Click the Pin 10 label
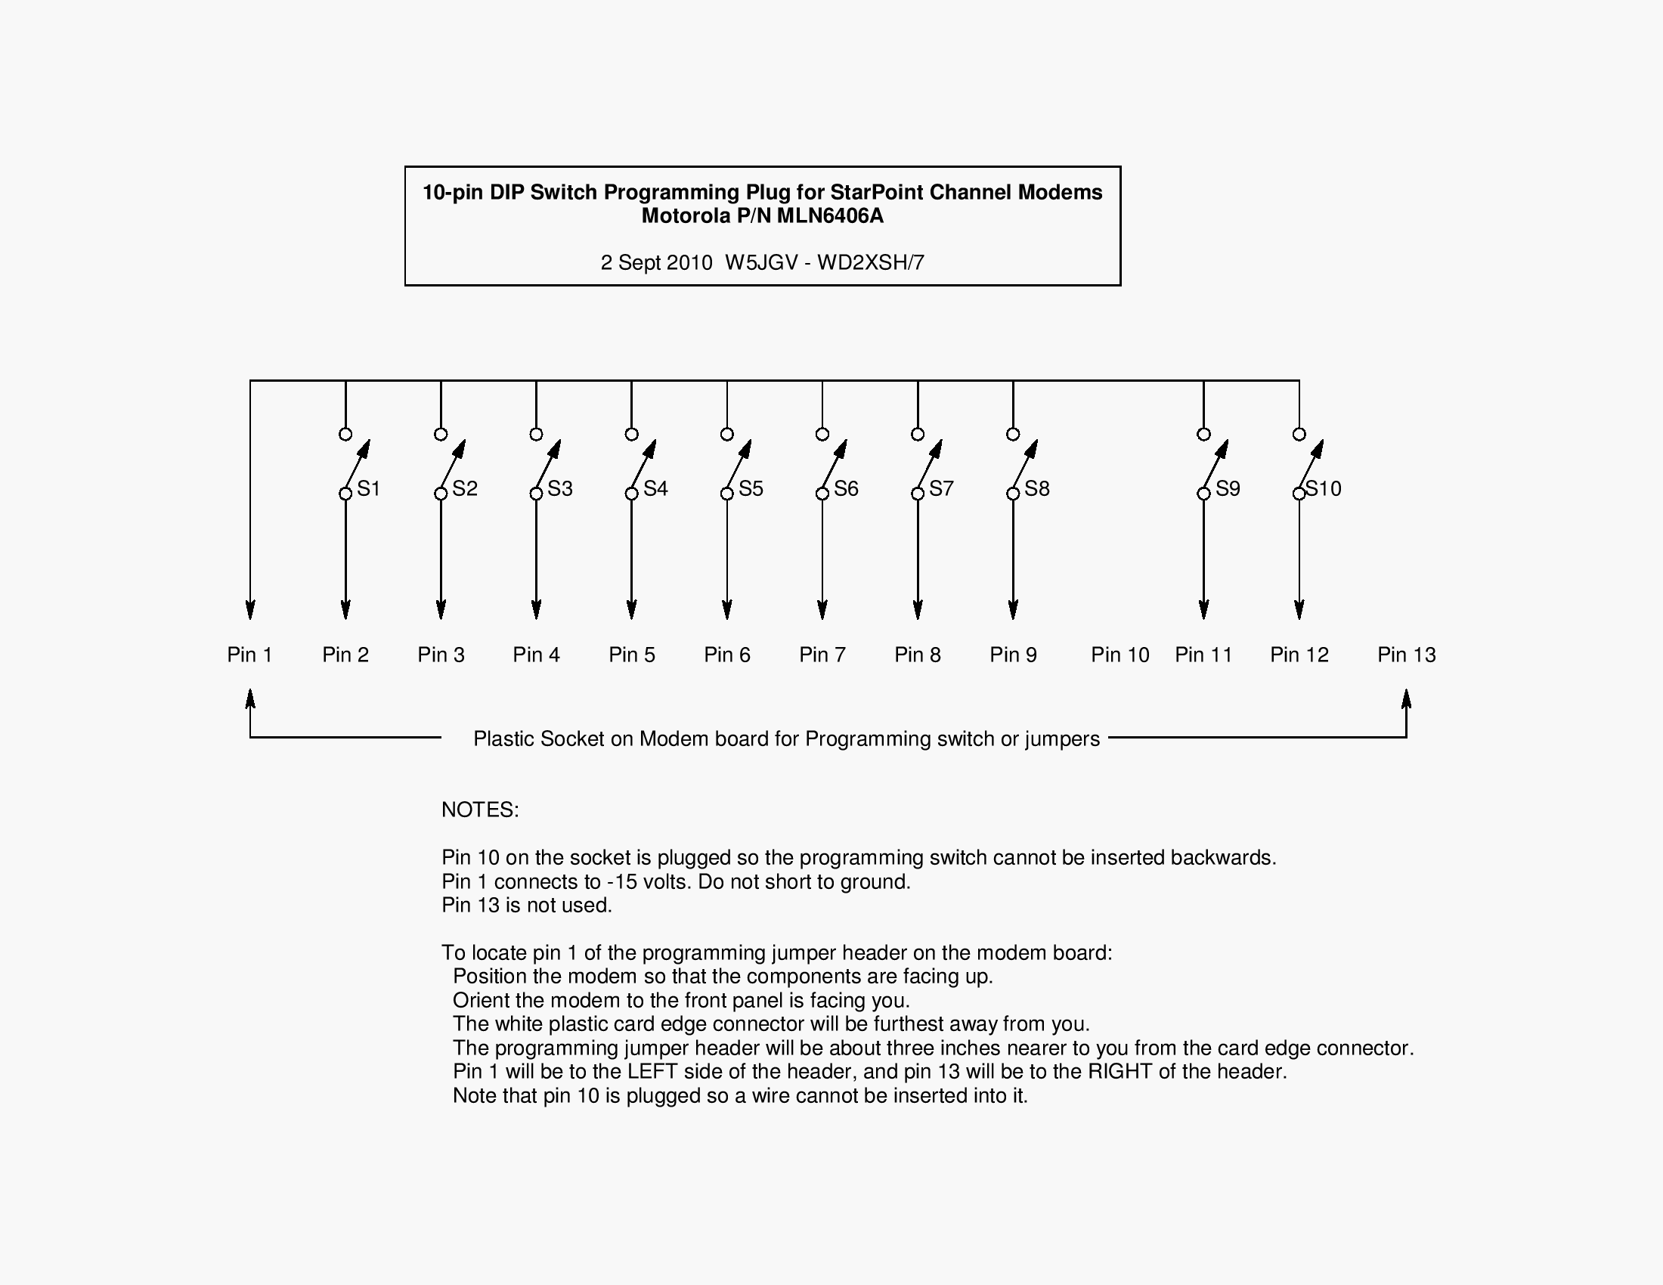pos(1120,655)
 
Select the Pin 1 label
pos(249,655)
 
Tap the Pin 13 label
pos(1407,655)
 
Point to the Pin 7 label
pos(822,655)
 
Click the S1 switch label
pos(369,489)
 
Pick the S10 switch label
pos(1324,489)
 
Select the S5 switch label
pos(751,489)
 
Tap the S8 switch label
pos(1037,489)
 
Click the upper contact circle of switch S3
pos(536,434)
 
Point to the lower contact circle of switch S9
pos(1204,494)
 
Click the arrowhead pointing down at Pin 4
pos(536,610)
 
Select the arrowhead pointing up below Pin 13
pos(1407,699)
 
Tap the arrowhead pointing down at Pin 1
pos(249,610)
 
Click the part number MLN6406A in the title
pos(830,216)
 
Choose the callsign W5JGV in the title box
pos(760,262)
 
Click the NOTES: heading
pos(480,810)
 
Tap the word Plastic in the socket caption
pos(503,739)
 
